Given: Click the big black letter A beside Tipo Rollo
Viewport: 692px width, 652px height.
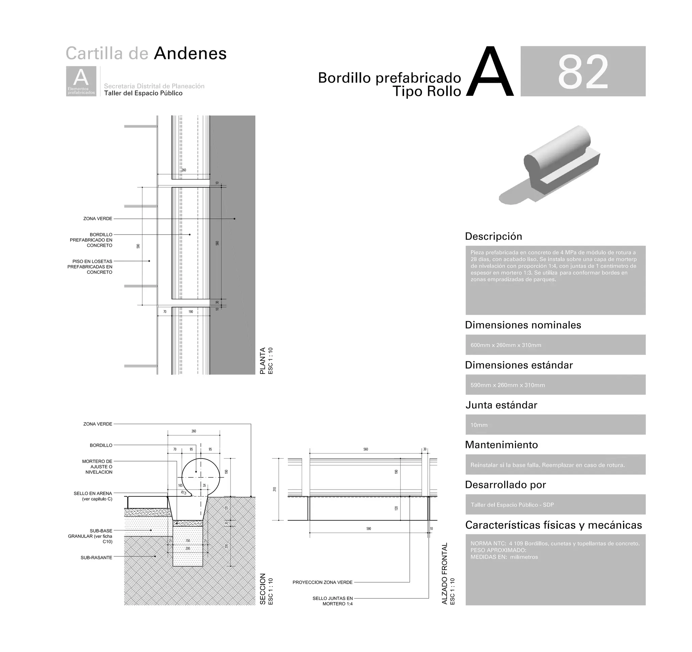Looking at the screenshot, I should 490,72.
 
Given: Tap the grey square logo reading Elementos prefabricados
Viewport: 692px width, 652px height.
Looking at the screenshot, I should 81,81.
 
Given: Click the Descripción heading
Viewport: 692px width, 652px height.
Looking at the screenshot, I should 493,236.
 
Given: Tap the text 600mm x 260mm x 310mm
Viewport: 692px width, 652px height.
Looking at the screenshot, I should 505,345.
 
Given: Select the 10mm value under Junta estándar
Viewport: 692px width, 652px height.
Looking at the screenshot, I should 479,425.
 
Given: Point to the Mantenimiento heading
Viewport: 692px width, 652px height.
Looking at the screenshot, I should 501,445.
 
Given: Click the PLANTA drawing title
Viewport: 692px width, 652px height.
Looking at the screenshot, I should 263,361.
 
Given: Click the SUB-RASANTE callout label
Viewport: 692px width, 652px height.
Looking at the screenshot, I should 96,557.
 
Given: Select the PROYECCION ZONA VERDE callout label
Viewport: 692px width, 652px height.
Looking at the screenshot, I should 322,582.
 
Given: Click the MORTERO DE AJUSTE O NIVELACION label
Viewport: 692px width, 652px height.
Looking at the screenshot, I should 97,467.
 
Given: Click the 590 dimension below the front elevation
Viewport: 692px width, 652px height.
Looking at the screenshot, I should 369,528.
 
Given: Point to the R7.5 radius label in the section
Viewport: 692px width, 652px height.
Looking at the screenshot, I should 184,493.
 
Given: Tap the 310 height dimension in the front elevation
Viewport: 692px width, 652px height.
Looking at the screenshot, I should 275,489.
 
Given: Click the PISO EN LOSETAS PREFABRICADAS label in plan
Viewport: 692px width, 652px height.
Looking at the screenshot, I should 90,266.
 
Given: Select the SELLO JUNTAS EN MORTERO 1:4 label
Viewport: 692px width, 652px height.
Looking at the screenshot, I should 333,601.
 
